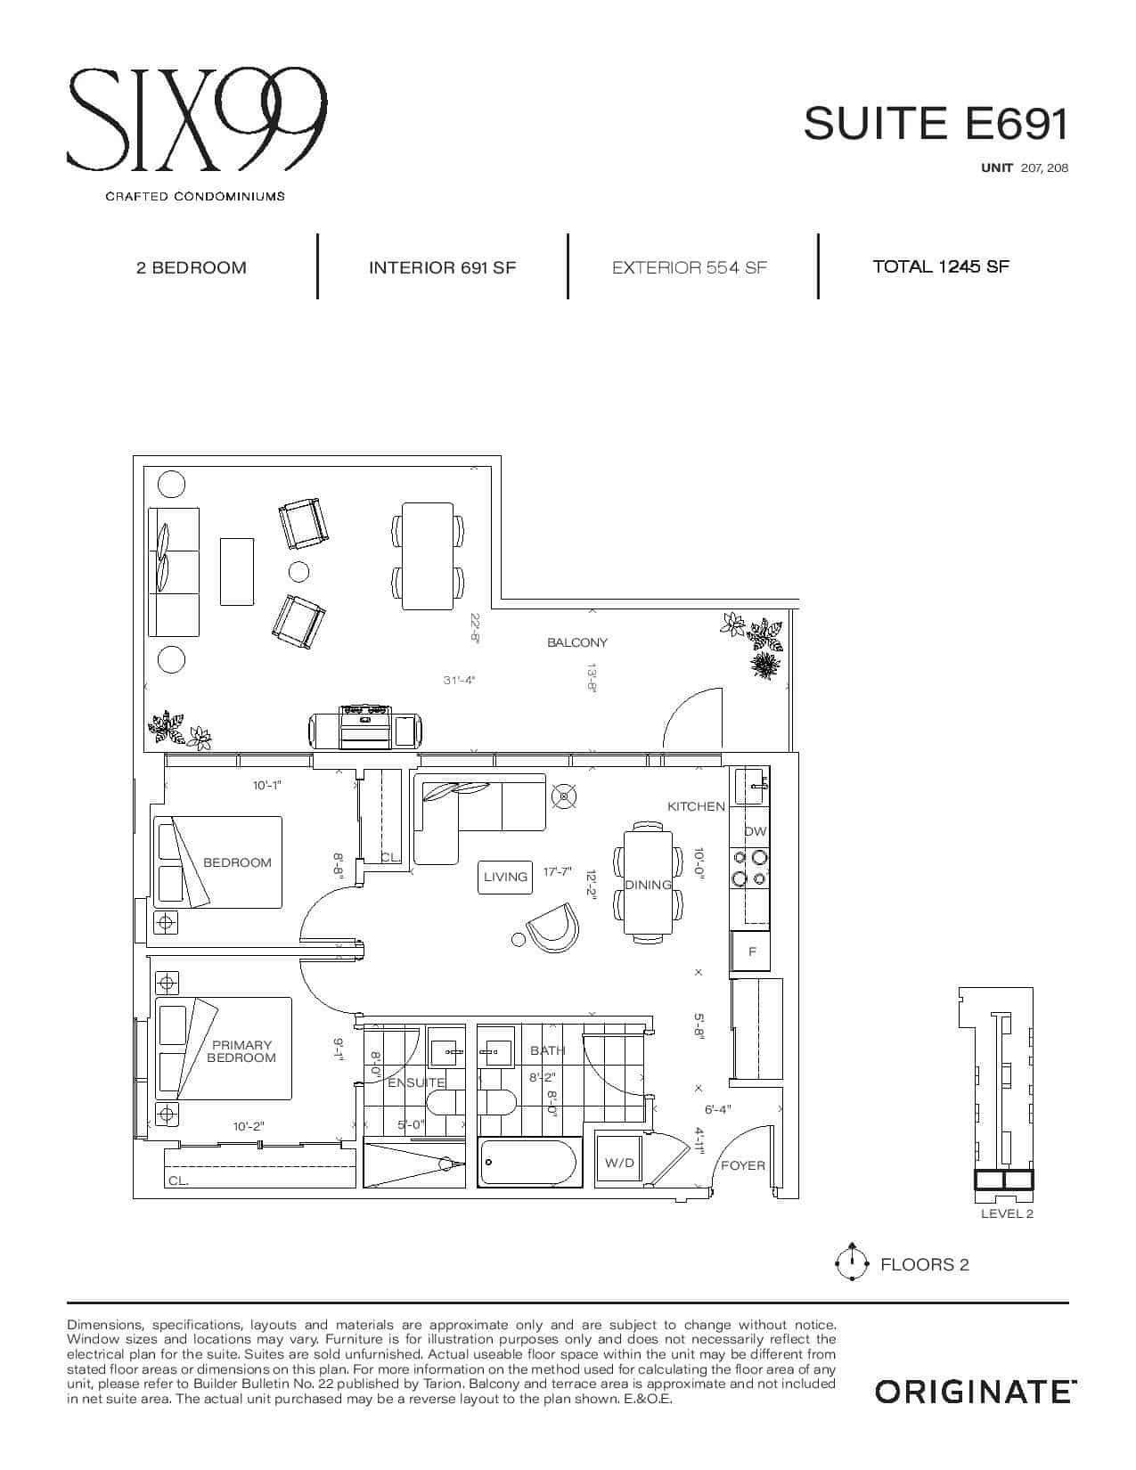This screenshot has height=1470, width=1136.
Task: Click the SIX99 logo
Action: [197, 119]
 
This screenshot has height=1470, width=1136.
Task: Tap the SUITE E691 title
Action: [936, 124]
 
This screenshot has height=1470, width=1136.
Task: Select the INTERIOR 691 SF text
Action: [443, 268]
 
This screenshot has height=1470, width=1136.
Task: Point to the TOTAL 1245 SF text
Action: [941, 266]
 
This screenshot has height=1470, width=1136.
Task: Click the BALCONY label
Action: [577, 642]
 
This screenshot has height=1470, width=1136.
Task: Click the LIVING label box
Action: [505, 877]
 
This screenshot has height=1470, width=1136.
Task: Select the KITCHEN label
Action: [696, 806]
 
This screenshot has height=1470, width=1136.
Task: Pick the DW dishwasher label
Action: [755, 831]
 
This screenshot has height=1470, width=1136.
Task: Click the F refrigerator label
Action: [752, 951]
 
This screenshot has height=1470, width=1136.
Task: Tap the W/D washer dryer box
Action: [619, 1163]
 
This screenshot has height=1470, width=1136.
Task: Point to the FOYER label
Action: [743, 1165]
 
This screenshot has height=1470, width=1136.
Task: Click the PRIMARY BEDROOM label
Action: [241, 1051]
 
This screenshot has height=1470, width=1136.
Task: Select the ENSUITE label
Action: [416, 1083]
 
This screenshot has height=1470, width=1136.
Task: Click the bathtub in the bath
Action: [530, 1163]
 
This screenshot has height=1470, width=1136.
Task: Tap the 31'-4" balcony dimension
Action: [460, 680]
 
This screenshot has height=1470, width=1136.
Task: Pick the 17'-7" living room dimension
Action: [558, 871]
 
